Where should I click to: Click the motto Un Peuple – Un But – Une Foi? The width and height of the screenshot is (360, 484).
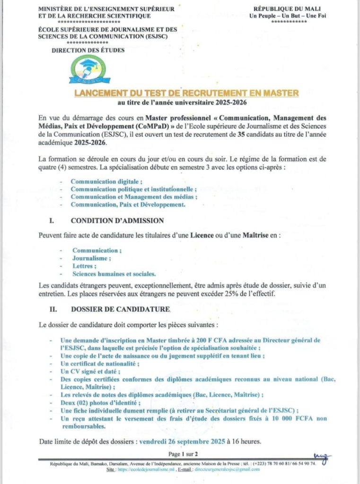pyautogui.click(x=288, y=16)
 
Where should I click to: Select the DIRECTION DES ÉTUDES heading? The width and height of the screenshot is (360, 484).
pyautogui.click(x=88, y=50)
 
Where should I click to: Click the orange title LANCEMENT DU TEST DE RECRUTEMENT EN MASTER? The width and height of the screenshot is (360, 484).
pyautogui.click(x=186, y=93)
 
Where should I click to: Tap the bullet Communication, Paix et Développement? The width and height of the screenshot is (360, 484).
pyautogui.click(x=128, y=205)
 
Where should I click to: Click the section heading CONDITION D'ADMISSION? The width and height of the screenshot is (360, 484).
pyautogui.click(x=117, y=220)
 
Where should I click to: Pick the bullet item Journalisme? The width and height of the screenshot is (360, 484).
pyautogui.click(x=92, y=258)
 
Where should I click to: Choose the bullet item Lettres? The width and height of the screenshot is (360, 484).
pyautogui.click(x=83, y=266)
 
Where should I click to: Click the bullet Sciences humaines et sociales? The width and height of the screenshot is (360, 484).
pyautogui.click(x=114, y=274)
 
